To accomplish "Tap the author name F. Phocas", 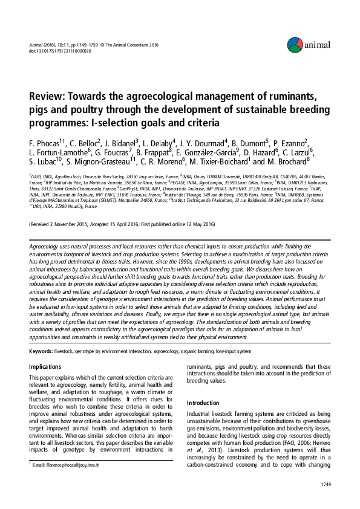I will tap(45, 143).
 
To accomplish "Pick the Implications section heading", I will tap(45, 366).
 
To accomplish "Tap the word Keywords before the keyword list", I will tap(40, 351).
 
